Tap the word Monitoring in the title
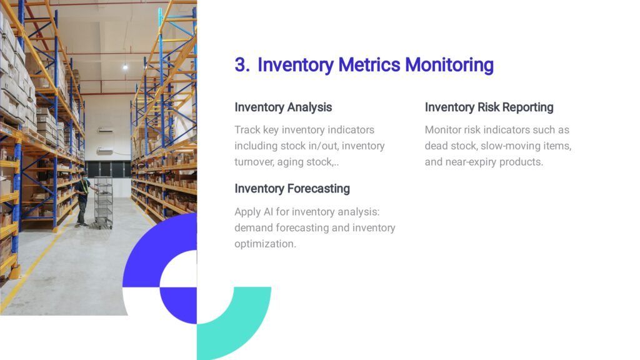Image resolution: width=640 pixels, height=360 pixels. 449,65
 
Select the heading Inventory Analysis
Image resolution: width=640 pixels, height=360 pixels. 283,107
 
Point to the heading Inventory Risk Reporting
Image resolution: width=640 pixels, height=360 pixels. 489,107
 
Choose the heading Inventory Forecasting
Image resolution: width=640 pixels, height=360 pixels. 292,189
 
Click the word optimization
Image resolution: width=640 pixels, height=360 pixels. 265,244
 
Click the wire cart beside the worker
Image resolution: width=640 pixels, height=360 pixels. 103,202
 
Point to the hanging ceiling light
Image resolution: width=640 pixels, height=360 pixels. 125,66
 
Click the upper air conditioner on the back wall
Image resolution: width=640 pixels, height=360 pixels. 105,131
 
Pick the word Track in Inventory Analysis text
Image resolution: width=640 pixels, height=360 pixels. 247,130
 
